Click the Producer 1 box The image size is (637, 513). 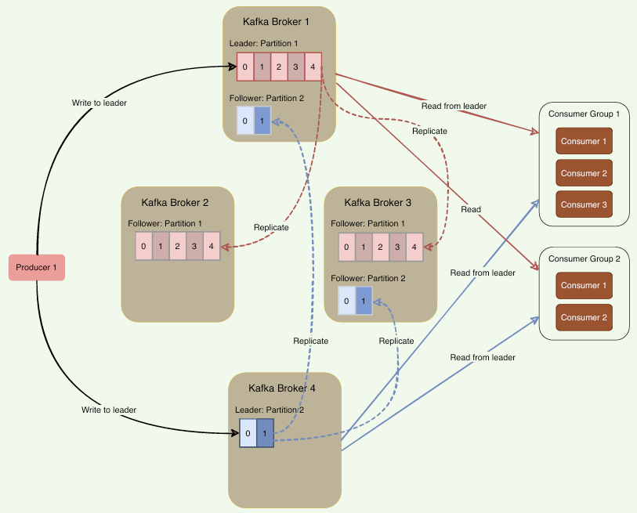[37, 267]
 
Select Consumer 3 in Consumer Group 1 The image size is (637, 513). [584, 204]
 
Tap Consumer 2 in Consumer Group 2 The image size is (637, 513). [584, 317]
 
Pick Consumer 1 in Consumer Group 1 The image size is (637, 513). [584, 141]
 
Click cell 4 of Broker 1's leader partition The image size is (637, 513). [313, 67]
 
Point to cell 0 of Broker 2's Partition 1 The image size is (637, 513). [143, 246]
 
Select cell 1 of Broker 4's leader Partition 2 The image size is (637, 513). [265, 433]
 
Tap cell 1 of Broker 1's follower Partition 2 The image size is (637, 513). [262, 121]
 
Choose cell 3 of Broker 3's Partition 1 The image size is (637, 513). [397, 247]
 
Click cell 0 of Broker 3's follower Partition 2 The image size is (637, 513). [346, 301]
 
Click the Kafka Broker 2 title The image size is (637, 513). [175, 202]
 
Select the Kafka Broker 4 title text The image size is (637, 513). [282, 388]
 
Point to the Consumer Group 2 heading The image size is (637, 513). [585, 258]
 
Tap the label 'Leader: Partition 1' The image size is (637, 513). [264, 43]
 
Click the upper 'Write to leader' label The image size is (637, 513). [100, 103]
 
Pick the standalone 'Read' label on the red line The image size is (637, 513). [471, 210]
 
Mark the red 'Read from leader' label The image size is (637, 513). [454, 106]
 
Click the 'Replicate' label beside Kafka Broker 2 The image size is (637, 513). [271, 227]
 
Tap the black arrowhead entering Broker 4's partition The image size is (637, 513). [235, 433]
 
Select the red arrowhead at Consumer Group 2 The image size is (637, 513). [534, 266]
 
